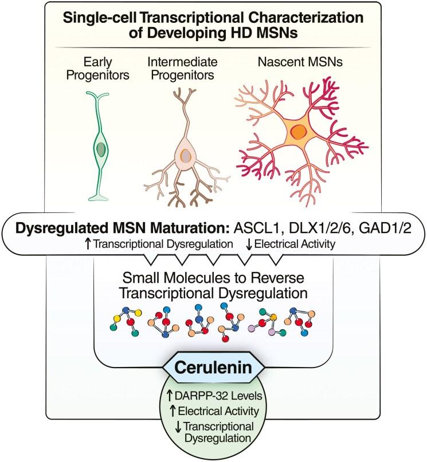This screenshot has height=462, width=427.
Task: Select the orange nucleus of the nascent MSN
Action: click(299, 134)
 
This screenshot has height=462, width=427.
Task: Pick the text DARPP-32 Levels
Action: click(217, 396)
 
